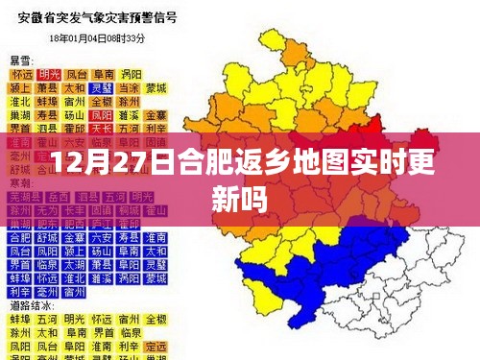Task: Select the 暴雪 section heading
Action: [x=20, y=60]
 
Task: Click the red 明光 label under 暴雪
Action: [x=48, y=73]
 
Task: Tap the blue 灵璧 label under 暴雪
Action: [x=130, y=86]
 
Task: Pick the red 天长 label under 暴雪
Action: [x=103, y=128]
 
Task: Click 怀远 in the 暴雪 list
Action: [x=20, y=73]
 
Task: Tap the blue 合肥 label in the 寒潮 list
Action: [x=20, y=236]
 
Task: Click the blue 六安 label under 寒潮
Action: [x=103, y=236]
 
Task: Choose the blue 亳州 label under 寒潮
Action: [x=48, y=292]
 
